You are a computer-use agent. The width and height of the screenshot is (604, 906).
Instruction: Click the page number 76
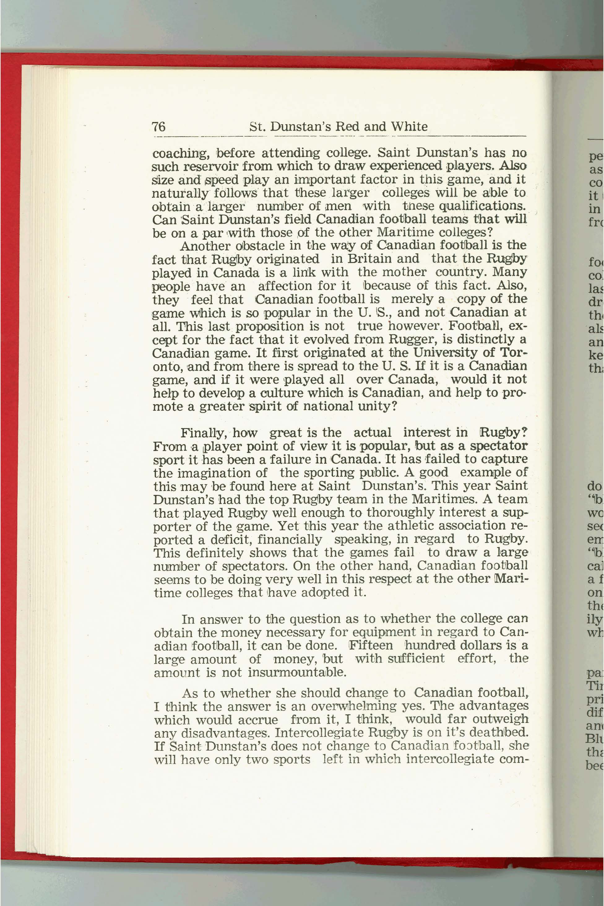pyautogui.click(x=159, y=126)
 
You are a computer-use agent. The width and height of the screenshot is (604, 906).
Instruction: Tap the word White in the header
pyautogui.click(x=409, y=126)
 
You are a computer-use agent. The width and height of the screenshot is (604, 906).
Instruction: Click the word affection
pyautogui.click(x=285, y=286)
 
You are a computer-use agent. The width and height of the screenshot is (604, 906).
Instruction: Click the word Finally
pyautogui.click(x=203, y=433)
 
